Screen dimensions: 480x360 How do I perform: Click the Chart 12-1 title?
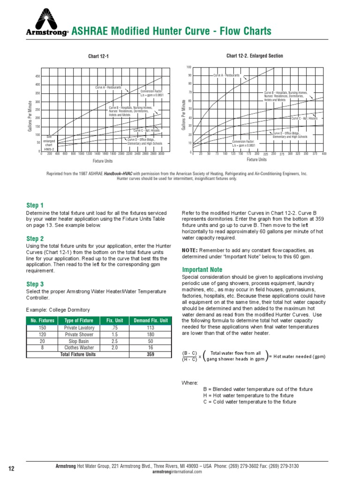(98, 57)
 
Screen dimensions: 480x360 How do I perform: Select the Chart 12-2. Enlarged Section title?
(255, 56)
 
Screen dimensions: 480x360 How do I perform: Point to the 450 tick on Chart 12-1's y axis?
(37, 76)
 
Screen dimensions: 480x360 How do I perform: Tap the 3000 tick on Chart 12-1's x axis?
(161, 154)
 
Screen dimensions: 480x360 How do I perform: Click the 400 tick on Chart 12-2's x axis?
(324, 154)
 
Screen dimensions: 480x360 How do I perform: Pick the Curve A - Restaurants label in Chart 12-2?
(226, 75)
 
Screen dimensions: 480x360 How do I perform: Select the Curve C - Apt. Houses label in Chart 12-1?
(147, 130)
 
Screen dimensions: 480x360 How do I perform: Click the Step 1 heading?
(35, 205)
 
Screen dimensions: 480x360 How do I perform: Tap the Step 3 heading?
(35, 284)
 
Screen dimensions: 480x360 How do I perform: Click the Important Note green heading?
(202, 270)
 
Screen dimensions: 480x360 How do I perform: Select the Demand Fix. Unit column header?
(150, 321)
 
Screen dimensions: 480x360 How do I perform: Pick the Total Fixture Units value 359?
(150, 355)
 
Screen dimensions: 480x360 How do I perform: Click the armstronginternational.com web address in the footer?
(177, 472)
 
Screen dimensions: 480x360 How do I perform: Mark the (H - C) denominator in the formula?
(189, 360)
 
